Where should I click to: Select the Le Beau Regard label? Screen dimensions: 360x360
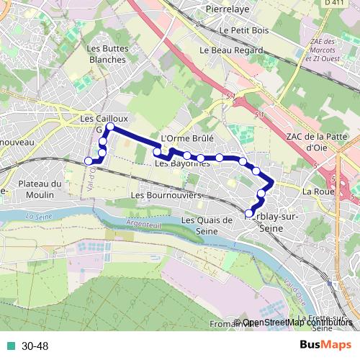click(230, 50)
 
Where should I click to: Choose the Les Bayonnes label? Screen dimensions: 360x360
click(181, 164)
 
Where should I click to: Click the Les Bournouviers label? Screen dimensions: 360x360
click(166, 195)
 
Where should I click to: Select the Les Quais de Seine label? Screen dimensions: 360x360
click(206, 225)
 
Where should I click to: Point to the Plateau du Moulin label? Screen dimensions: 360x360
click(41, 189)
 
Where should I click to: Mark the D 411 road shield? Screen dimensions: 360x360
click(333, 4)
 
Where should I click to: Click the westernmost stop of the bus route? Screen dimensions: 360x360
click(89, 161)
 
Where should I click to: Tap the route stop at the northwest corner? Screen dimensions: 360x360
click(109, 127)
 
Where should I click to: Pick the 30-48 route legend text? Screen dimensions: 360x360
click(35, 346)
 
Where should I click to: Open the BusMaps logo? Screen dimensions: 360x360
click(325, 345)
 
